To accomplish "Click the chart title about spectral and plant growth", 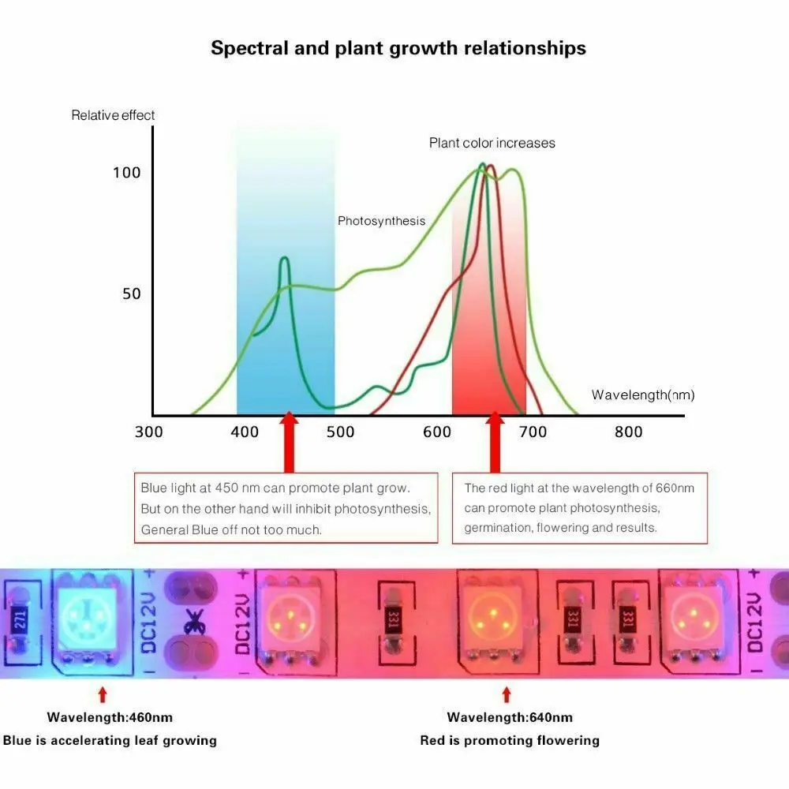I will [x=398, y=48].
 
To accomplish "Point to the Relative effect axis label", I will [x=113, y=115].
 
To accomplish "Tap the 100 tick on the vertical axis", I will [x=126, y=173].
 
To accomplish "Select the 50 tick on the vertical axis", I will [x=132, y=294].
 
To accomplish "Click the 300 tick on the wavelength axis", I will [x=149, y=432].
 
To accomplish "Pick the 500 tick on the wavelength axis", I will [x=340, y=432].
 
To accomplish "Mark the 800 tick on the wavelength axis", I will [x=628, y=432].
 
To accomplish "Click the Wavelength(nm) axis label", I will [x=643, y=394].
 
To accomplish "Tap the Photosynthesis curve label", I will [x=381, y=221].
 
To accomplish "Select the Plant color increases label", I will [x=492, y=143].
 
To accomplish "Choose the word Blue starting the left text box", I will [x=155, y=488].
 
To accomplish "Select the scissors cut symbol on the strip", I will [x=191, y=623].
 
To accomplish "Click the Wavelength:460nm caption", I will [x=110, y=717].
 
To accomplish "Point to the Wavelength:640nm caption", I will [x=510, y=717].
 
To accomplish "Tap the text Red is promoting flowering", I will [x=510, y=740].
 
